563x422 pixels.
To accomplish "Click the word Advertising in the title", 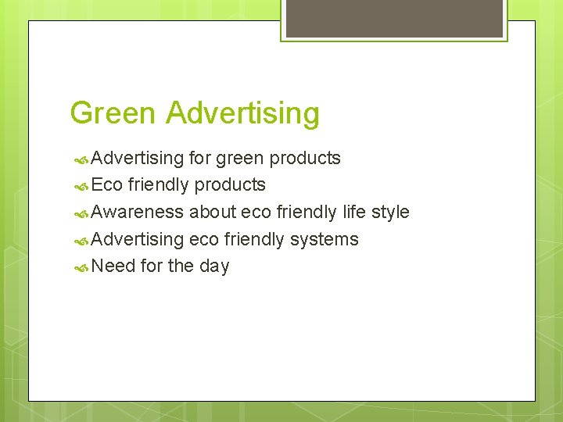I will click(242, 113).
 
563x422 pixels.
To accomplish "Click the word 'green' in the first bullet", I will click(240, 159).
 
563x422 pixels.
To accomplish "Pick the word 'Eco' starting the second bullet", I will click(107, 185).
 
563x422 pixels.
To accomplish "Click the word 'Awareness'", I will click(138, 213).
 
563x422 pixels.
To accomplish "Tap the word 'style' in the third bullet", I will click(390, 213).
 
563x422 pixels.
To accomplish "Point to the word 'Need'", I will click(113, 266).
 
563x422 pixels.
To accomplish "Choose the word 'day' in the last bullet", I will click(214, 267).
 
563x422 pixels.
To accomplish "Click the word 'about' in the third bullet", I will click(212, 213).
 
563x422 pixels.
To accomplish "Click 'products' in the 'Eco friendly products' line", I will click(230, 185).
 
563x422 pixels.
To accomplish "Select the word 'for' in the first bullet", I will click(199, 158).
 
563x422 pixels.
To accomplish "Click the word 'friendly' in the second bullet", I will click(159, 185).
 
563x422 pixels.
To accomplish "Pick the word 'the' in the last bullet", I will click(181, 266).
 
